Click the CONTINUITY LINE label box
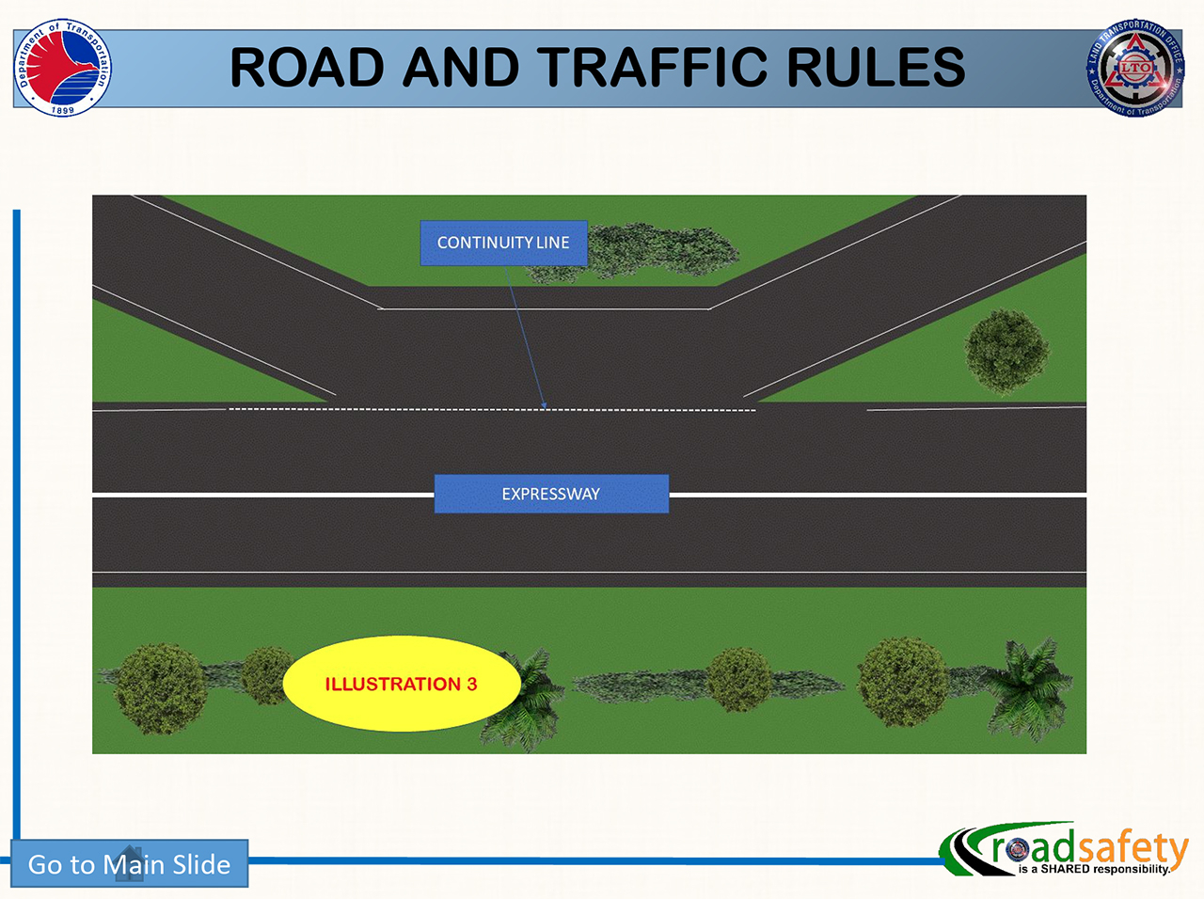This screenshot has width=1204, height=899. coord(503,243)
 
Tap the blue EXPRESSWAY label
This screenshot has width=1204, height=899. coord(551,494)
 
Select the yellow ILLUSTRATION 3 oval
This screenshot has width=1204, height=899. coord(401,684)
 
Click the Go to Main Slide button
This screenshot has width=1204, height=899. coord(130,863)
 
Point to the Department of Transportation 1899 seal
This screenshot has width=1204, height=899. coord(62,68)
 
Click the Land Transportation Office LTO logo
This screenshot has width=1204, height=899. coord(1135,69)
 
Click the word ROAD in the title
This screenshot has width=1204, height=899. coord(308,68)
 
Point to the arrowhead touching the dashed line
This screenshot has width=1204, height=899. coord(544,405)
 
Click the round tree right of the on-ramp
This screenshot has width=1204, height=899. coord(1006,351)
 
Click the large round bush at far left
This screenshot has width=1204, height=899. coord(160,687)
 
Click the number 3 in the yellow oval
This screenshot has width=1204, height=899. coord(471,684)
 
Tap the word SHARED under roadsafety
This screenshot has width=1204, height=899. coord(1065,869)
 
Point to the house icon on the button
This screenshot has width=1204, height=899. coord(129,863)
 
